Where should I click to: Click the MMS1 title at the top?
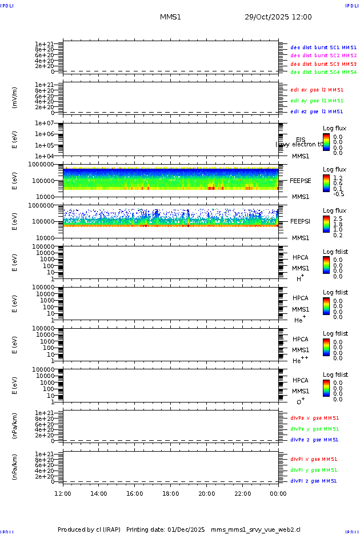(x=170, y=17)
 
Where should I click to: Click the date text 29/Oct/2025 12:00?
(x=278, y=17)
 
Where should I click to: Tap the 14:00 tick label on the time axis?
(x=99, y=493)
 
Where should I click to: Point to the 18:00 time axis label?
(x=171, y=493)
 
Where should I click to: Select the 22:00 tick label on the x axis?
(x=242, y=493)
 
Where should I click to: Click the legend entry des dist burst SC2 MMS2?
(x=323, y=55)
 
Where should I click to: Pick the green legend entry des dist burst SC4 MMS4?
(x=323, y=72)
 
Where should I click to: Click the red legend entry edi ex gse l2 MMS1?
(x=317, y=90)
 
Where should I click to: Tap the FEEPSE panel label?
(x=300, y=180)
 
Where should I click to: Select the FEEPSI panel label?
(x=300, y=221)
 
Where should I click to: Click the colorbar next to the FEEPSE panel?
(x=326, y=182)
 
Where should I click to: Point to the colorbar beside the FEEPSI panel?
(x=326, y=224)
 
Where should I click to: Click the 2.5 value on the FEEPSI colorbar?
(x=338, y=218)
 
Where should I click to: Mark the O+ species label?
(x=300, y=402)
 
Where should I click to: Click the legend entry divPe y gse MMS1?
(x=315, y=429)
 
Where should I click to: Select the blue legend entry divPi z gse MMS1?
(x=314, y=481)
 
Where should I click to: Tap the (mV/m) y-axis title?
(x=15, y=98)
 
